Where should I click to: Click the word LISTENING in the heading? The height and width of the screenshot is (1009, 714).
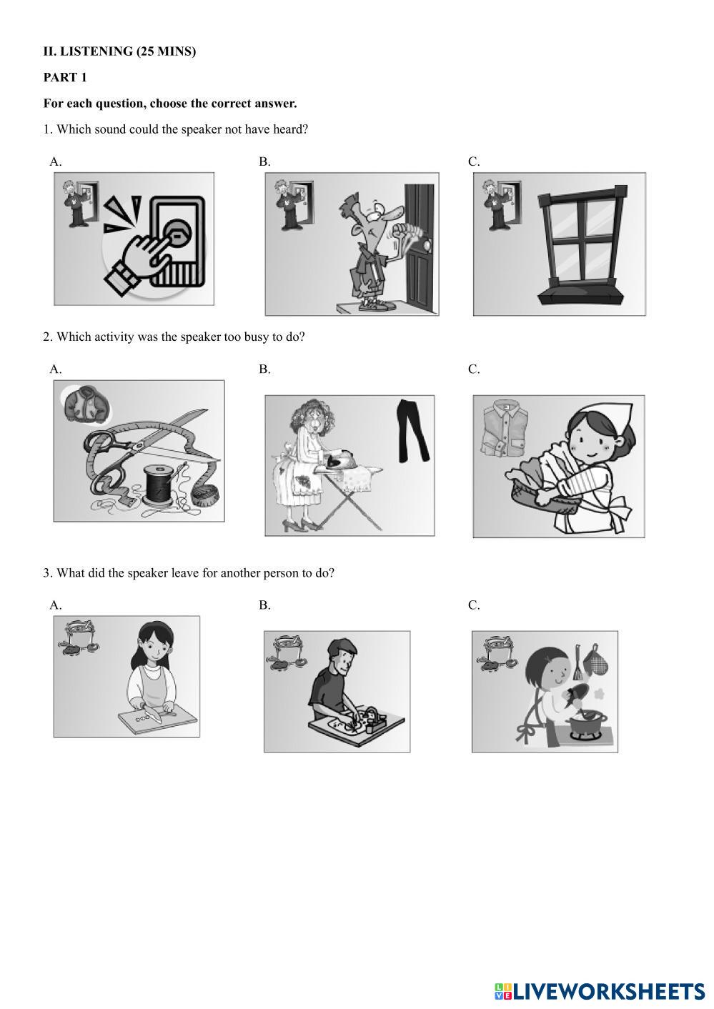96,51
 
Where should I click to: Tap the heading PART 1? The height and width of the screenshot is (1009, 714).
65,77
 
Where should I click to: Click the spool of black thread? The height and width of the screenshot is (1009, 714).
157,486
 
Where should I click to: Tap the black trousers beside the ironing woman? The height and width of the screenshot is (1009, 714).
412,431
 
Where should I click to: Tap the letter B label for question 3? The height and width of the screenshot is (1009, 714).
265,605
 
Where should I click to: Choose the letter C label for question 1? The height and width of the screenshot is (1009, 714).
474,161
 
